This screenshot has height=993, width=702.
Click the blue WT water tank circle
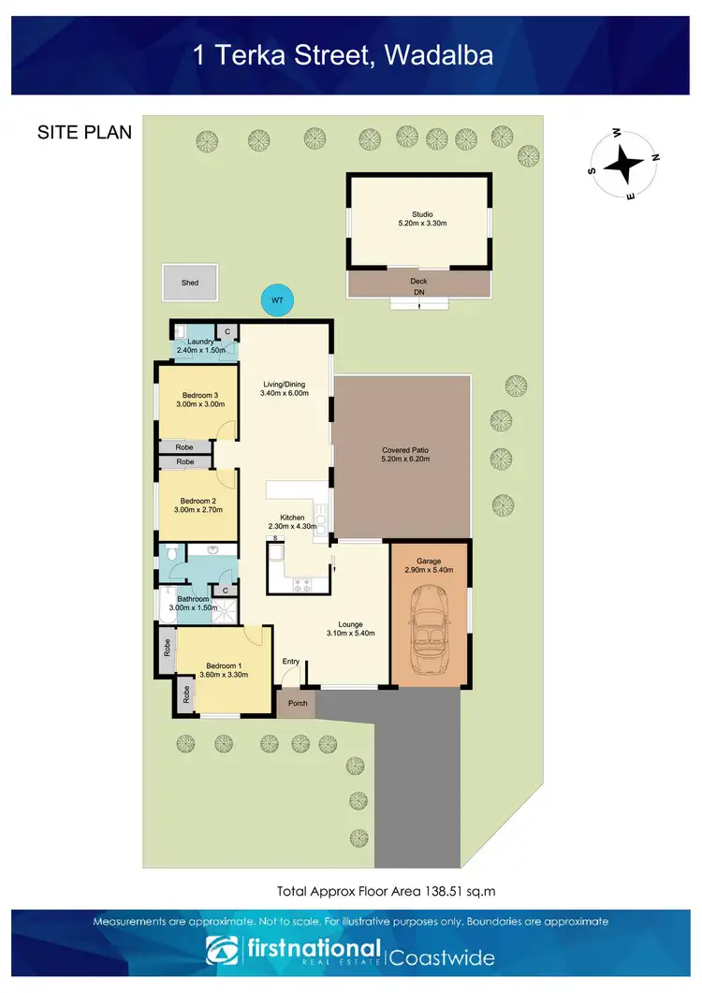tap(276, 300)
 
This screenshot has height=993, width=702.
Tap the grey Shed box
tap(190, 282)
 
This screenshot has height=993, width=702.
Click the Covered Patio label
tap(405, 450)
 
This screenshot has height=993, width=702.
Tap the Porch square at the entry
tap(298, 704)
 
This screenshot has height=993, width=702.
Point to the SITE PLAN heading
tap(84, 132)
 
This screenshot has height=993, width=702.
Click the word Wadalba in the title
tap(439, 56)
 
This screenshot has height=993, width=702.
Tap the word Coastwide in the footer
tap(442, 957)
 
